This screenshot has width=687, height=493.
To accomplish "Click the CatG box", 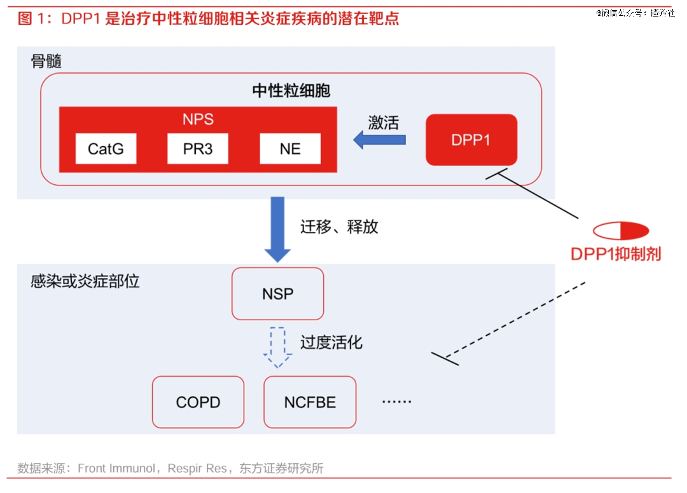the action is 106,149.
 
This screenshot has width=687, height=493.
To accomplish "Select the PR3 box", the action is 198,149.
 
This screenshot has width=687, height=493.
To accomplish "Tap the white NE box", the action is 290,149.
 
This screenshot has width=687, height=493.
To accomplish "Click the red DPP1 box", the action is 471,140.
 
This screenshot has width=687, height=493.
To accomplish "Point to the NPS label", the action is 198,119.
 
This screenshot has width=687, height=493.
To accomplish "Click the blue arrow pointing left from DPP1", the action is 379,140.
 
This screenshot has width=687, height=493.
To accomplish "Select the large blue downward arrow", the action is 277,229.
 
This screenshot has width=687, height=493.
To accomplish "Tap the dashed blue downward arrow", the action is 277,348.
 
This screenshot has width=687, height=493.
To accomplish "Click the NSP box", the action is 278,294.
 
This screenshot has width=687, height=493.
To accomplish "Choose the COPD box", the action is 198,402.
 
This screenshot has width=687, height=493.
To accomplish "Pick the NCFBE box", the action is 310,402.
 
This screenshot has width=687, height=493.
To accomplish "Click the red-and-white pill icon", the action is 621,231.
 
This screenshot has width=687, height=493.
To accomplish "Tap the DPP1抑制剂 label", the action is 616,254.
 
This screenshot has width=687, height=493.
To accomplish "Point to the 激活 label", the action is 384,123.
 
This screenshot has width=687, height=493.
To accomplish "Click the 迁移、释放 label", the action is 339,227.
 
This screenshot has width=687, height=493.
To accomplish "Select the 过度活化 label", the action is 331,342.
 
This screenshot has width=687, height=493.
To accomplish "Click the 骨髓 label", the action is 46,61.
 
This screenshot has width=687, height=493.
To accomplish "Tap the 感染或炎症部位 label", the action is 85,281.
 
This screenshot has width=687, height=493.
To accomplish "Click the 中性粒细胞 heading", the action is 291,91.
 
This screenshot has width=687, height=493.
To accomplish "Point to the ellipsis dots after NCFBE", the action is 396,402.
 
